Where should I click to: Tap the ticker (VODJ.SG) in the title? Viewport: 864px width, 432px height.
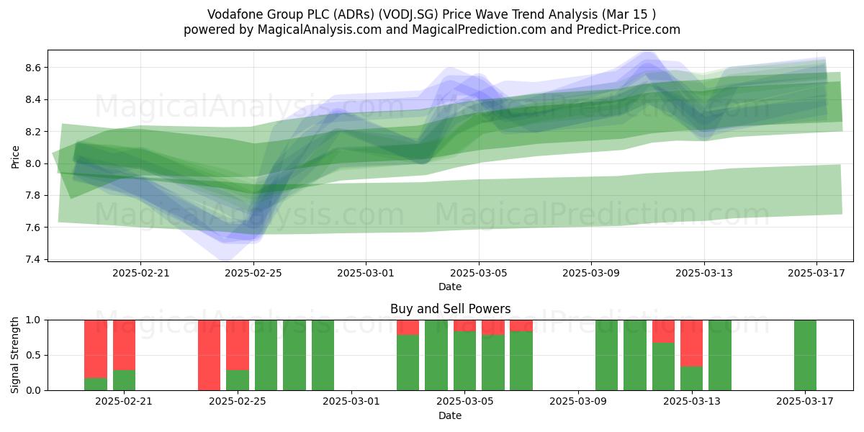coord(408,14)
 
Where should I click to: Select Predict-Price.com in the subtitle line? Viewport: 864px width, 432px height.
coord(629,30)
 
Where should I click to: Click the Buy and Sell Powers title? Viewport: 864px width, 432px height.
coord(450,309)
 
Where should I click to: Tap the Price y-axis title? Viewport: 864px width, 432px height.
coord(15,157)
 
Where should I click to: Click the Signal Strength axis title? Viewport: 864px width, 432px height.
coord(14,355)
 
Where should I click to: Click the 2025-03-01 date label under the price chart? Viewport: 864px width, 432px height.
coord(366,273)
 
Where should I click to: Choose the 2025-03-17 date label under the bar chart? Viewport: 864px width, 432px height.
coord(805,402)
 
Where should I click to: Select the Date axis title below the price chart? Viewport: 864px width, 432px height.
coord(450,287)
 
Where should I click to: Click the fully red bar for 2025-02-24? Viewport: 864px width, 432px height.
coord(209,355)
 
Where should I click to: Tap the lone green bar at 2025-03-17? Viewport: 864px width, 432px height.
coord(805,355)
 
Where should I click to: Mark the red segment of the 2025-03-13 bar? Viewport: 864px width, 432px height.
coord(692,343)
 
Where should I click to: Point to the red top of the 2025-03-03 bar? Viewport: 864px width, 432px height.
coord(408,328)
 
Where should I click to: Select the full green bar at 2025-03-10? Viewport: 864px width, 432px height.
coord(606,355)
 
